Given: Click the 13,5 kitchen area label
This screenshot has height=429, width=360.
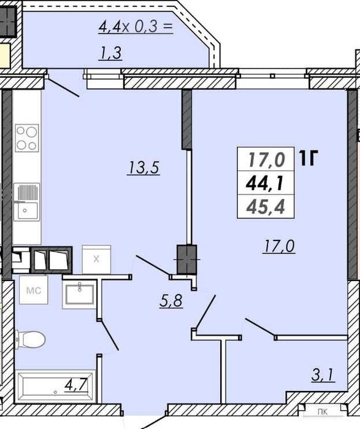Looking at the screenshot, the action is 144,168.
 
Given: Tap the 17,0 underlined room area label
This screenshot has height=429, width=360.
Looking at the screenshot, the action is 279,245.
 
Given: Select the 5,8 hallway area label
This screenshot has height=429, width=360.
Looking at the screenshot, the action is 171,300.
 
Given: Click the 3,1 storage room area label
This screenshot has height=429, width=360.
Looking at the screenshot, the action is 323,374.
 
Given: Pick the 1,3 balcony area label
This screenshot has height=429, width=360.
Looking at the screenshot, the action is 111,53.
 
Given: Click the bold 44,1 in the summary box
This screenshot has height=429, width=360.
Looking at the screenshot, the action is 264,183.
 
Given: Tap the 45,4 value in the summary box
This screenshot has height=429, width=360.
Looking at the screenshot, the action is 266,207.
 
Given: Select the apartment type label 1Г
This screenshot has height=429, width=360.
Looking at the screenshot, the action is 308,158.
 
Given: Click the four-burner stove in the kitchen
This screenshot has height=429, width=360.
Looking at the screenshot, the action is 27,138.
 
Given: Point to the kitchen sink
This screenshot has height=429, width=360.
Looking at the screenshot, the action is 26,202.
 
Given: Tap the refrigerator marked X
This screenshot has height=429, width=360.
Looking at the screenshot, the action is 96,260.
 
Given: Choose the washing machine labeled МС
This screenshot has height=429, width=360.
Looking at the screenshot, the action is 34,290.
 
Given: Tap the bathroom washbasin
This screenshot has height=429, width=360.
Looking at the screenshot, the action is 80,294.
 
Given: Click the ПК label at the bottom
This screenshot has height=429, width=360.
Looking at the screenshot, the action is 323,411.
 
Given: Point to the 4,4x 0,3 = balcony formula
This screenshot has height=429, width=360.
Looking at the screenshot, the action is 136,27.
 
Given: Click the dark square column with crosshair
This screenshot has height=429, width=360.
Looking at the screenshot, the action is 187,260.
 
